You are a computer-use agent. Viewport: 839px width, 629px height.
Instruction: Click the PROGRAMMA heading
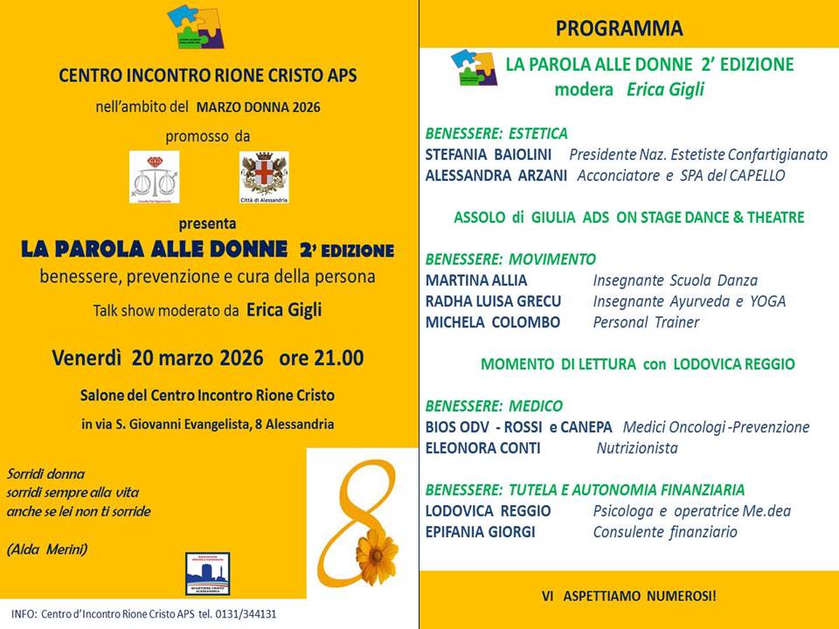coord(619,28)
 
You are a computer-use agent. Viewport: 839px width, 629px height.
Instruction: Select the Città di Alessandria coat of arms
coord(264,176)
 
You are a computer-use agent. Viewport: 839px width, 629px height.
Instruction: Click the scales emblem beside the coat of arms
coord(154,176)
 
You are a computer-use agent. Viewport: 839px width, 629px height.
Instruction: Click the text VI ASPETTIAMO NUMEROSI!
coord(628,597)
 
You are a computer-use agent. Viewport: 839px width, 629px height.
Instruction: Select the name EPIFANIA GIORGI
coord(480,532)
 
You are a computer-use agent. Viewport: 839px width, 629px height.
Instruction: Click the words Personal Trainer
coord(646,322)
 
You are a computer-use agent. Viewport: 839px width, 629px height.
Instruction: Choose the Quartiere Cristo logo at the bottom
coord(208,574)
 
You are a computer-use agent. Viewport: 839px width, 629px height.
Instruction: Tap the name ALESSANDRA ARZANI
coord(495,176)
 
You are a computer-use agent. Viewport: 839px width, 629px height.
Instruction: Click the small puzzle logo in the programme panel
coord(473,69)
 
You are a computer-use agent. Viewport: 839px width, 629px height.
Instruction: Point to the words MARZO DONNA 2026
coord(258,107)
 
